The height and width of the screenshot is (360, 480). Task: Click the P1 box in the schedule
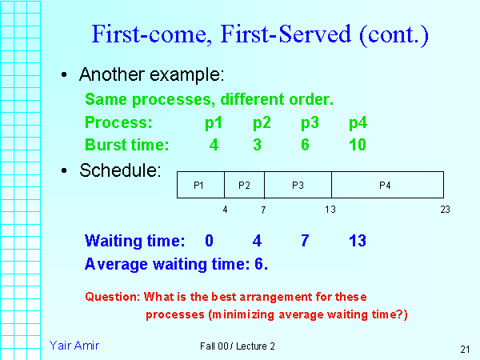[200, 185]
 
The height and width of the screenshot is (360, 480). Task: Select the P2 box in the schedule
[244, 185]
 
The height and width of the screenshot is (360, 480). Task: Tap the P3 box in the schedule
[298, 185]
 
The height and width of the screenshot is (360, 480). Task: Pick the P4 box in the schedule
[386, 185]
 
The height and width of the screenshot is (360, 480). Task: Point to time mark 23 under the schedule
[445, 210]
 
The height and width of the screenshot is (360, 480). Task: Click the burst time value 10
[358, 145]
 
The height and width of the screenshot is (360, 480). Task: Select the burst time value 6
[309, 145]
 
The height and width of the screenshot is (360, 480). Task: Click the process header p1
[214, 123]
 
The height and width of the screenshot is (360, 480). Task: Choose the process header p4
[358, 123]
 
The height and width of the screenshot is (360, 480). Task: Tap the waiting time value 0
[210, 241]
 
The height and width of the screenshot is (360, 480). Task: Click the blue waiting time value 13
[358, 241]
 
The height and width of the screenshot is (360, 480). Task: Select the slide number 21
[465, 349]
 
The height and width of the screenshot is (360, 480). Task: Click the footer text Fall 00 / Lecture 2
[238, 346]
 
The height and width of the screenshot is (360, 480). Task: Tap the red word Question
[112, 297]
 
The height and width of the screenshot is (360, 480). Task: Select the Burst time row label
[126, 145]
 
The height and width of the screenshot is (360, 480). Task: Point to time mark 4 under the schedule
[225, 210]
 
